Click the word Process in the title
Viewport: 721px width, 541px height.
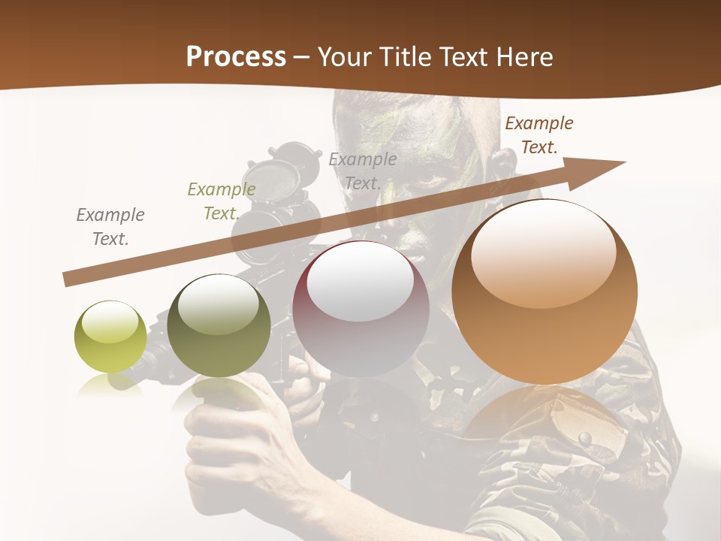(236, 56)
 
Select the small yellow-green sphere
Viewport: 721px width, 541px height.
(110, 337)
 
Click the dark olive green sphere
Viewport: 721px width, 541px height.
(219, 326)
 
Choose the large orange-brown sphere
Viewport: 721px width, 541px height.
(545, 292)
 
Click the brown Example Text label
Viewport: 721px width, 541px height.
(538, 135)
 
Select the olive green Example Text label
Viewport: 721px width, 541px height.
(221, 201)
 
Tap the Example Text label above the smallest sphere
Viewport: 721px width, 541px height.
(110, 227)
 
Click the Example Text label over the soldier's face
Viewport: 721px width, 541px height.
(363, 171)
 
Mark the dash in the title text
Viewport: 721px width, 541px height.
(301, 57)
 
